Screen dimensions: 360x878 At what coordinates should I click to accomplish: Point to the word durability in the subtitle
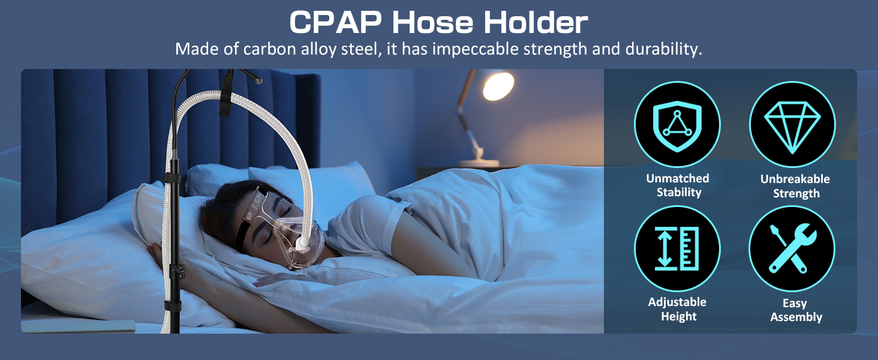tap(660, 49)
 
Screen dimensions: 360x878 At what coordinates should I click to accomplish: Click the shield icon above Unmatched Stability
tap(677, 124)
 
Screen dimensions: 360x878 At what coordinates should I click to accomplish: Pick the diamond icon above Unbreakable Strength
tap(792, 124)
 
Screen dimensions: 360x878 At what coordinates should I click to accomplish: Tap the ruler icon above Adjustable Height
tap(677, 248)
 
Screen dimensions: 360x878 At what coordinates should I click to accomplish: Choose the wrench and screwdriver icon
tap(792, 248)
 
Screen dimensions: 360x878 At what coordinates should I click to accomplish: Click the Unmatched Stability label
tap(678, 185)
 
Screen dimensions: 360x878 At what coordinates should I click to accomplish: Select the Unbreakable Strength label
tap(795, 186)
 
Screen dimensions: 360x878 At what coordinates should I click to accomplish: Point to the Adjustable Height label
tap(678, 309)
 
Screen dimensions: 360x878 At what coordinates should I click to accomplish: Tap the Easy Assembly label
tap(795, 310)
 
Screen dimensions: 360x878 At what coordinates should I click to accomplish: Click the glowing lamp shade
tap(498, 86)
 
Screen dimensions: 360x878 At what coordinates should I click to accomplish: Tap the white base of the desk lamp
tap(479, 163)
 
